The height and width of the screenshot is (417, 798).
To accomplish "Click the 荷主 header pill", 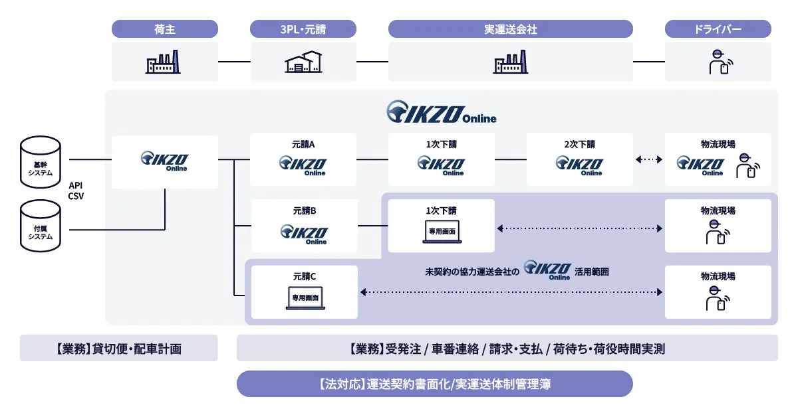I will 164,29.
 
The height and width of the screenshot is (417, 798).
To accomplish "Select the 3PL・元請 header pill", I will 303,29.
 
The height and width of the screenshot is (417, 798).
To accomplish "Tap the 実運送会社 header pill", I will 510,29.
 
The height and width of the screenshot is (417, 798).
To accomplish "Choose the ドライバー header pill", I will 718,29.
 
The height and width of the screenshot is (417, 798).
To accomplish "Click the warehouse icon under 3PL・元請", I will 303,62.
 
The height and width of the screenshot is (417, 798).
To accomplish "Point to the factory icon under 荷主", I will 164,62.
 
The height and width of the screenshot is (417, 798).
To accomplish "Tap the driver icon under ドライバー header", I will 718,62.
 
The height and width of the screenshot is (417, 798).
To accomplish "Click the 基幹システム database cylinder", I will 41,160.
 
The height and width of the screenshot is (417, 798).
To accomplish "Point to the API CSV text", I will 76,191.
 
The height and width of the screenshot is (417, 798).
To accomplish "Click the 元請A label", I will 303,144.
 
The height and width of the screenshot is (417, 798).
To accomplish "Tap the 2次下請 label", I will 579,144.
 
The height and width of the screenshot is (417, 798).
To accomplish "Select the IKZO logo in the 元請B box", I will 303,234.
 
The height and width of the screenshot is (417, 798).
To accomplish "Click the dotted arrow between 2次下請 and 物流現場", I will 649,159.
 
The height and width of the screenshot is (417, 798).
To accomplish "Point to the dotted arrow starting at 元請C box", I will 511,292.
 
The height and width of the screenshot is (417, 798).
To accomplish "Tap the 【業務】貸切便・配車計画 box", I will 118,348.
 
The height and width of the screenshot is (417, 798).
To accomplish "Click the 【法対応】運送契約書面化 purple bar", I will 435,384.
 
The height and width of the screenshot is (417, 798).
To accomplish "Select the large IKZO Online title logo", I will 442,112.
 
